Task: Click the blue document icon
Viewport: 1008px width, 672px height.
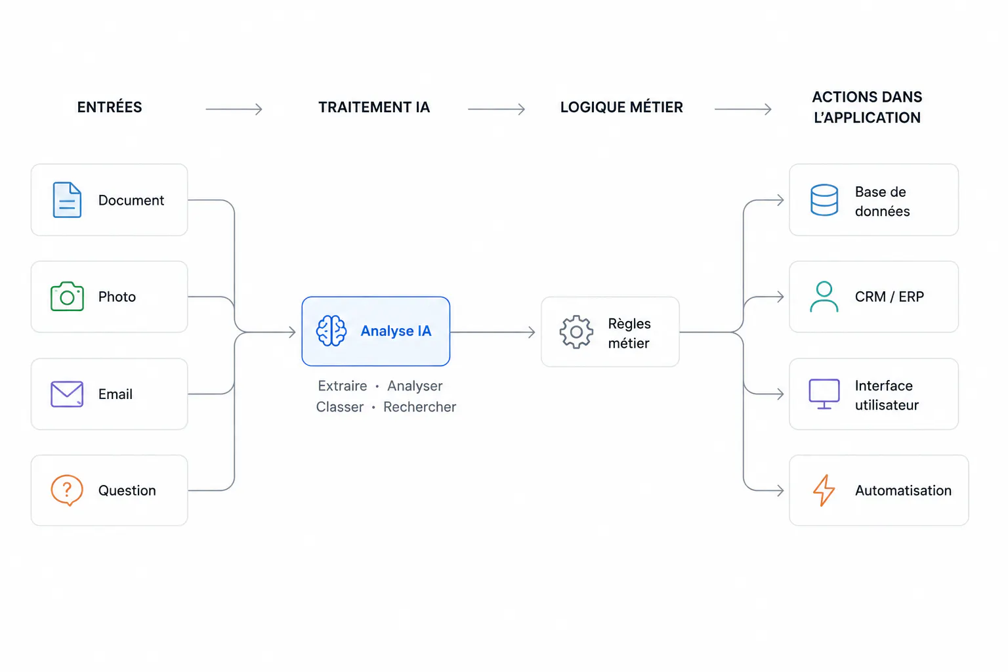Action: tap(67, 200)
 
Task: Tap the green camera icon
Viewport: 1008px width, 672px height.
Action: tap(67, 296)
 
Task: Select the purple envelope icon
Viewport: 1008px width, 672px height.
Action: tap(67, 394)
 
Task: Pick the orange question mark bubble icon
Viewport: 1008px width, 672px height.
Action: tap(66, 490)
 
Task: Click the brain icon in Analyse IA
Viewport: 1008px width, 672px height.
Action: tap(331, 331)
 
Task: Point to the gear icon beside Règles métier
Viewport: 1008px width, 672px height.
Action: tap(576, 332)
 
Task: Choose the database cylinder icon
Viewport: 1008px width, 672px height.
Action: tap(824, 200)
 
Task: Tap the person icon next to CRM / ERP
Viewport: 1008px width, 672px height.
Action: tap(824, 297)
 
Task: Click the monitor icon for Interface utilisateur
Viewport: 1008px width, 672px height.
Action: tap(824, 394)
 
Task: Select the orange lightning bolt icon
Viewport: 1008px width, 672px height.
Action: tap(824, 490)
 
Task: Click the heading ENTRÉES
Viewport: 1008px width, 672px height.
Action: tap(110, 107)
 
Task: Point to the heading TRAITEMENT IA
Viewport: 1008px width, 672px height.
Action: tap(374, 107)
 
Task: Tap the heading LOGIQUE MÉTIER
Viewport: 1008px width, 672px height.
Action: tap(621, 107)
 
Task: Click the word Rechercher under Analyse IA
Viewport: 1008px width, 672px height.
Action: tap(419, 407)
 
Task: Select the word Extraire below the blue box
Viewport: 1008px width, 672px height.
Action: tap(343, 386)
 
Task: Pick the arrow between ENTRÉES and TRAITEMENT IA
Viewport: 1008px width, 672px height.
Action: tap(234, 109)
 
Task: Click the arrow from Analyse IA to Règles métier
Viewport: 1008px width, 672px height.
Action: tap(493, 332)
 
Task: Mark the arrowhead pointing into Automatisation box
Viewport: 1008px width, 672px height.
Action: tap(780, 490)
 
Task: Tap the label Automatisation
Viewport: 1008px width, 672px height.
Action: tap(903, 490)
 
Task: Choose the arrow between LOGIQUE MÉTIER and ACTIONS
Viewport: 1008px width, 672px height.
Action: tap(743, 109)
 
